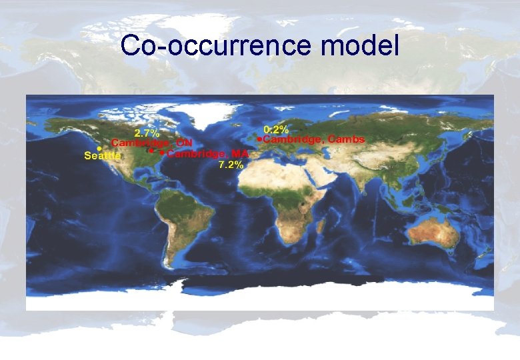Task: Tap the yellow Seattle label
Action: click(103, 156)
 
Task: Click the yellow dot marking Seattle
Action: click(99, 147)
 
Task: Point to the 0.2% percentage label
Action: click(276, 129)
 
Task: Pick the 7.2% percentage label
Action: click(231, 165)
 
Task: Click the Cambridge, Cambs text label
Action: click(314, 139)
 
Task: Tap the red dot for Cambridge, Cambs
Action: click(259, 139)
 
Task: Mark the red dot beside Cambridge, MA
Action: click(162, 152)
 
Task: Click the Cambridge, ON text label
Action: click(152, 143)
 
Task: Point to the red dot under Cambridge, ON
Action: click(151, 151)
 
